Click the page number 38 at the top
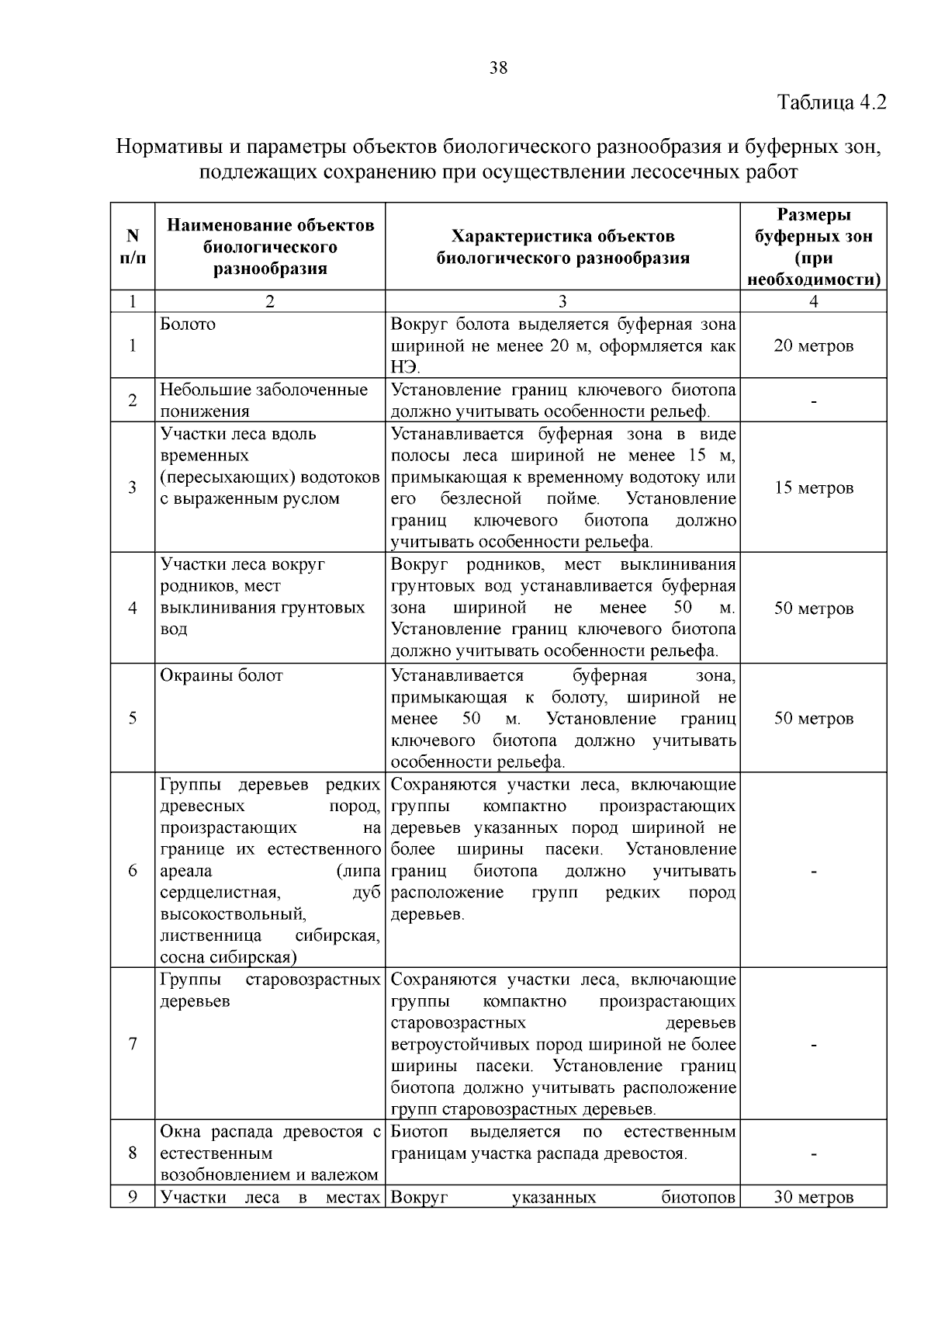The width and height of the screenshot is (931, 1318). (x=499, y=68)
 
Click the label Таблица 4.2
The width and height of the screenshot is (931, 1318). (x=831, y=102)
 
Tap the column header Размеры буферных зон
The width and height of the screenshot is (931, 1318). (x=813, y=247)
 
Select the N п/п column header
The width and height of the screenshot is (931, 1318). (x=133, y=246)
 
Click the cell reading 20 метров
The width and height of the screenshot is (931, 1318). (x=813, y=346)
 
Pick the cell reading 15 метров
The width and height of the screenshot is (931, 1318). (x=813, y=488)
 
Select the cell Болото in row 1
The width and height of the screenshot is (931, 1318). (x=188, y=324)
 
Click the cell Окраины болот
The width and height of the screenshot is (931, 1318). (x=221, y=675)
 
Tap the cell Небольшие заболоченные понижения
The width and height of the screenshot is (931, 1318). (x=264, y=401)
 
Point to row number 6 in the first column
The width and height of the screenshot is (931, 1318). (x=133, y=870)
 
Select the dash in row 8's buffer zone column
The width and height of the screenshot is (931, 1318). (x=813, y=1154)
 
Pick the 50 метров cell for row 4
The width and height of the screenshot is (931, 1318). (x=813, y=609)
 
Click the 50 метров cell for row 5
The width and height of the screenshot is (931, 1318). (x=813, y=719)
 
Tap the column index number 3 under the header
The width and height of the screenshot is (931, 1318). (x=562, y=302)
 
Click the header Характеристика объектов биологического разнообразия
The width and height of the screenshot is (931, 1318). (x=562, y=247)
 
